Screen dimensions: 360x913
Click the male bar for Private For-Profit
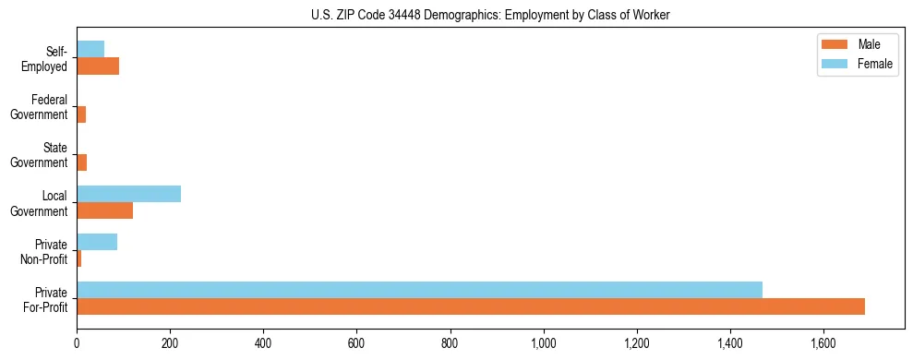471,306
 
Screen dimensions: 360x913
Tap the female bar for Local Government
129,194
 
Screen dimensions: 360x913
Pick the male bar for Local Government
105,210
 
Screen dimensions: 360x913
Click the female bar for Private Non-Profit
97,242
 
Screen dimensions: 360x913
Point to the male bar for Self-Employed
98,66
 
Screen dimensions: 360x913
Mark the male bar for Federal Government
81,114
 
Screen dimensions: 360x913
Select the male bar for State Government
82,162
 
